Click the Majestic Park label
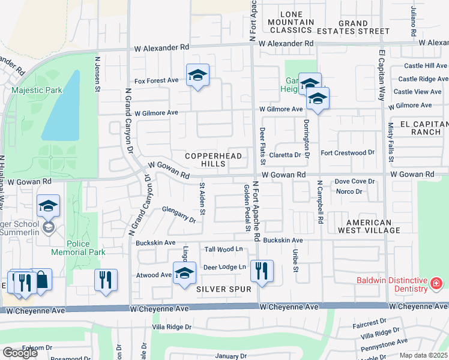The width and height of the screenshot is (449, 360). click(37, 90)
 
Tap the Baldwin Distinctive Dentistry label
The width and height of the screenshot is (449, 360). click(391, 284)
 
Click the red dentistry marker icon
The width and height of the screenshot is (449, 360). click(436, 282)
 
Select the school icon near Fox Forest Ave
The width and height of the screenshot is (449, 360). click(197, 76)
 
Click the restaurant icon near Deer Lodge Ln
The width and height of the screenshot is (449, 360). click(261, 271)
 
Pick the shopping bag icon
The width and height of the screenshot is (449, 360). click(41, 280)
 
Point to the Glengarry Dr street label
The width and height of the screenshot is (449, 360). click(179, 214)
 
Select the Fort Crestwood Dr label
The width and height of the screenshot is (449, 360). click(348, 153)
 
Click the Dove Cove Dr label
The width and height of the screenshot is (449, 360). click(354, 181)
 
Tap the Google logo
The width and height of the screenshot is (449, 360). click(20, 353)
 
